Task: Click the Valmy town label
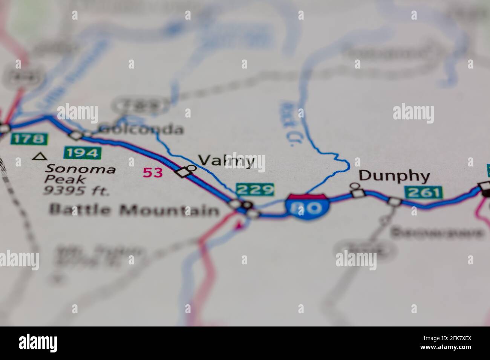point(226,161)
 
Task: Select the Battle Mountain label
point(134,209)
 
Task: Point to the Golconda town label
point(141,130)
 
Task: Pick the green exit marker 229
point(255,189)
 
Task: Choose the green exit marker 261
point(424,192)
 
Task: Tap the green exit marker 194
point(83,153)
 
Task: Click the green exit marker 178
point(29,139)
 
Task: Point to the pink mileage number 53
point(153,172)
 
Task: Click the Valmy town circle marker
point(192,168)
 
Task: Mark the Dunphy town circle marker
point(354,185)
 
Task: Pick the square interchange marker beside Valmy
point(183,173)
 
